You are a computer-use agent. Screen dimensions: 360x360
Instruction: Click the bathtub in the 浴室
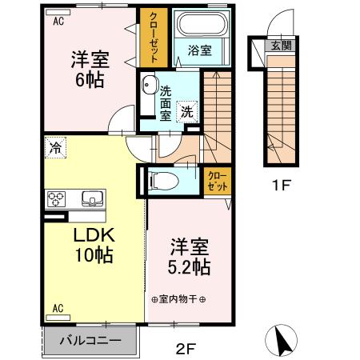coord(202,23)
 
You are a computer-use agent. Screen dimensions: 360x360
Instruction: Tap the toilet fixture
coord(164,181)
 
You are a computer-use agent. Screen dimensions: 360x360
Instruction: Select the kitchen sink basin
coord(92,198)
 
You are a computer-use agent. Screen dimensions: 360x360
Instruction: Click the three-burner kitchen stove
coord(56,199)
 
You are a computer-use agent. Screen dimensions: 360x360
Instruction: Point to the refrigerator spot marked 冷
coord(55,147)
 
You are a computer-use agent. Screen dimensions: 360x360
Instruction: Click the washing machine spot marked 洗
coord(187,112)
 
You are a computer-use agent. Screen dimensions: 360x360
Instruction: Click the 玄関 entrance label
coord(281,46)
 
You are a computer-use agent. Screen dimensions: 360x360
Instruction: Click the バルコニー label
coord(90,341)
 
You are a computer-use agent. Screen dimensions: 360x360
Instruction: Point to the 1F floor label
coord(281,185)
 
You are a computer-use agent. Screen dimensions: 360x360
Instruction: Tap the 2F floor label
coord(186,348)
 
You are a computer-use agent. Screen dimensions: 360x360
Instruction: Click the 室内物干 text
coord(178,299)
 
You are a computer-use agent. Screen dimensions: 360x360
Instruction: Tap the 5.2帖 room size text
coord(189,267)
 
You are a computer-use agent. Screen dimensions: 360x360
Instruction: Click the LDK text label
coord(94,235)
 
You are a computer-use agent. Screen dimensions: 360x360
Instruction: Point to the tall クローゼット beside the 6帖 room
coord(154,38)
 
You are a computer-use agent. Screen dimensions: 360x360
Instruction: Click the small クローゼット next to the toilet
coord(218,182)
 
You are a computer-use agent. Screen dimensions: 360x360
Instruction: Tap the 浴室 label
coord(200,50)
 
